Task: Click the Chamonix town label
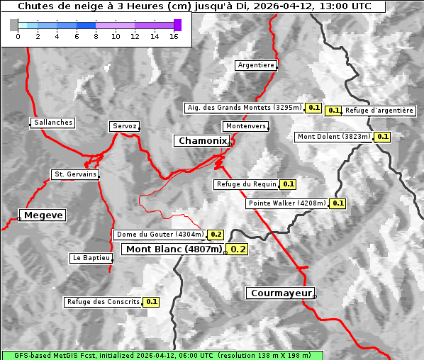tap(202, 141)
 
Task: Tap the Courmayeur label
tap(281, 293)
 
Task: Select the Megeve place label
tap(43, 215)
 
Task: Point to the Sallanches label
tap(52, 123)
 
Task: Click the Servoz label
tap(125, 126)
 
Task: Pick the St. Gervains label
tap(75, 174)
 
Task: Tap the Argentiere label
tap(256, 65)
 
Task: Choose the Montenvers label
tap(246, 126)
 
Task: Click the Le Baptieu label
tap(91, 258)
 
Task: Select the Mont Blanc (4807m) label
tap(174, 249)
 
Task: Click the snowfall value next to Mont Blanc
tap(238, 249)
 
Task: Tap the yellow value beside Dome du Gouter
tap(216, 235)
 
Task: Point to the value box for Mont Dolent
tap(383, 137)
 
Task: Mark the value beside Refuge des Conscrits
tap(152, 302)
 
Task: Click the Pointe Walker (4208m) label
tap(287, 203)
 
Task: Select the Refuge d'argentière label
tap(379, 111)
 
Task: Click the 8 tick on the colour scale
tap(96, 36)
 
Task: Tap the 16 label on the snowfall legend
tap(174, 36)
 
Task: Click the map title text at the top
tap(194, 6)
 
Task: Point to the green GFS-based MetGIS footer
tap(162, 355)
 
